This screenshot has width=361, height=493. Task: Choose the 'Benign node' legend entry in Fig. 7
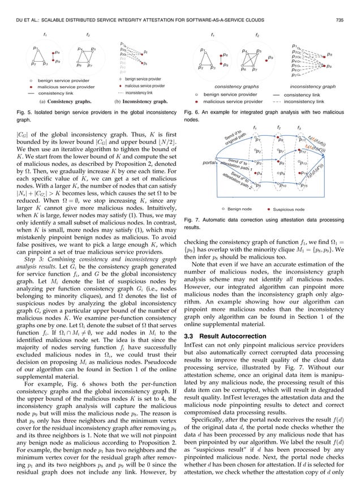point(237,209)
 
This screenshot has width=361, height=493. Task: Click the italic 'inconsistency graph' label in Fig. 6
point(313,87)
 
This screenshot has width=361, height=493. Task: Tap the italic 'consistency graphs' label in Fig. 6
point(237,87)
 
